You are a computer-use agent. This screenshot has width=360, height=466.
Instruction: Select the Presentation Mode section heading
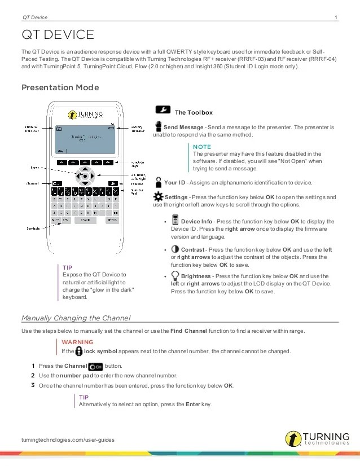pos(60,87)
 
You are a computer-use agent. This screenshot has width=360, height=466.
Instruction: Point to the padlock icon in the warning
pos(71,350)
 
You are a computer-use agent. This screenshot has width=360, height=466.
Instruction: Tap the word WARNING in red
pos(77,342)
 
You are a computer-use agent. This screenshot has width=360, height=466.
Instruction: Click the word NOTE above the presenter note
pos(202,146)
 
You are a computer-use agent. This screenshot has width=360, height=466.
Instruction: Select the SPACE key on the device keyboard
pos(85,220)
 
